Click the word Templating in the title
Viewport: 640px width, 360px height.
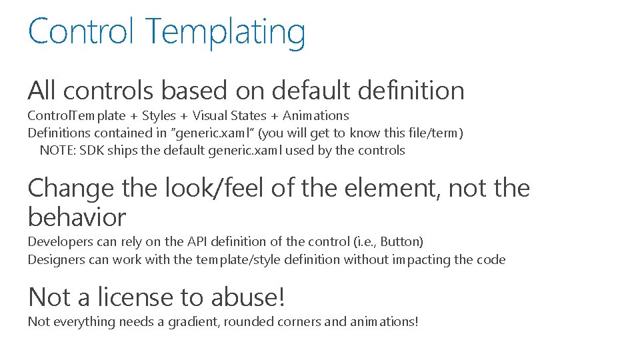(x=225, y=32)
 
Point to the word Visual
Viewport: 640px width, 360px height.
(x=211, y=116)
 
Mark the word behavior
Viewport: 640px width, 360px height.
(x=77, y=217)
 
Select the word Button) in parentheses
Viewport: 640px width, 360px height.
(x=402, y=241)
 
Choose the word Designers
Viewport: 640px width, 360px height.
(x=56, y=259)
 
